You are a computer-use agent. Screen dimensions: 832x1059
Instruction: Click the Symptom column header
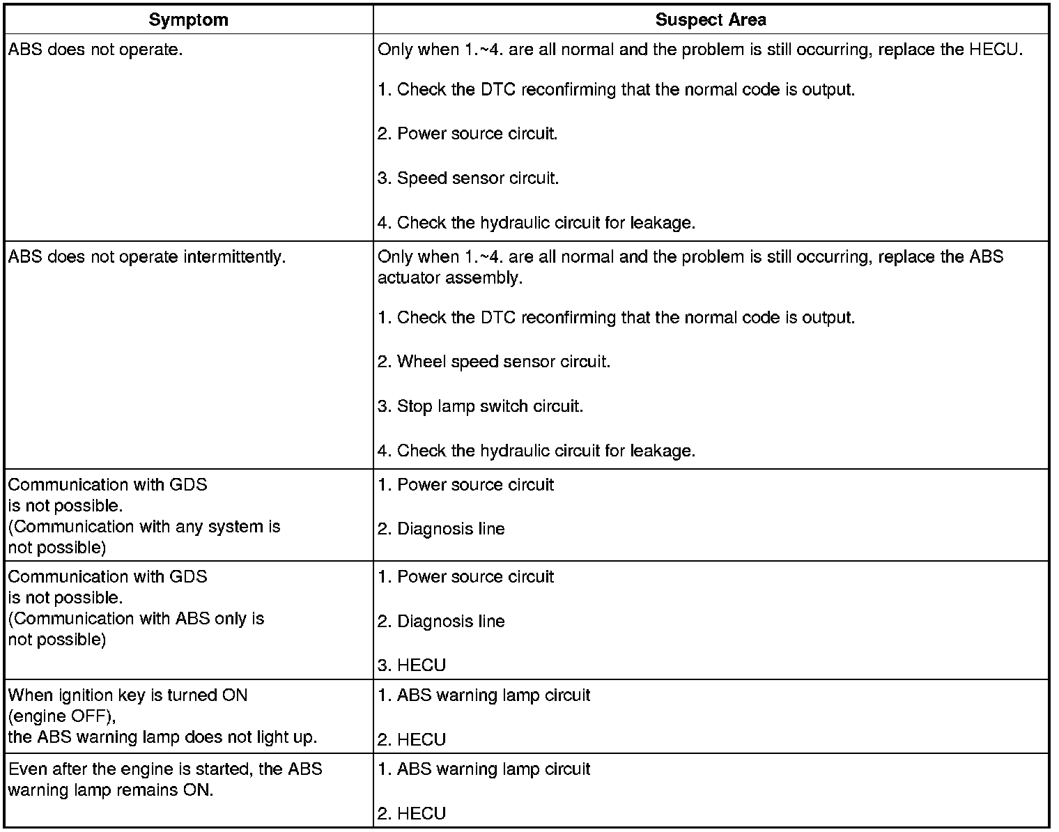tap(188, 20)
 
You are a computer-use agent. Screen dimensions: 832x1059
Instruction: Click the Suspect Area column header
tap(710, 20)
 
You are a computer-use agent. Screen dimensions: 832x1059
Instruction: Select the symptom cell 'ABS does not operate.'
tap(95, 50)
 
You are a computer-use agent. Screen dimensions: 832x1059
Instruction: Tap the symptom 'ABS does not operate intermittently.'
tap(147, 257)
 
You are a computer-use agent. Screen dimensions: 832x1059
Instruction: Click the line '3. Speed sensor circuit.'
tap(468, 178)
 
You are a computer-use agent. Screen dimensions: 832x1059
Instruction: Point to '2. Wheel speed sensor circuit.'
tap(494, 362)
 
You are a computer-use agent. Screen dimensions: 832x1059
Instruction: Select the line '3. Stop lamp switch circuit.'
tap(480, 406)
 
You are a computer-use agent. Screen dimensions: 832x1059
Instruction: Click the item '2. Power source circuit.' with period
tap(467, 134)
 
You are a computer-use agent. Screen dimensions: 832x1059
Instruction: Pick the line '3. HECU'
tap(412, 665)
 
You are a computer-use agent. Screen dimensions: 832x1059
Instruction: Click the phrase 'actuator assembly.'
tap(450, 278)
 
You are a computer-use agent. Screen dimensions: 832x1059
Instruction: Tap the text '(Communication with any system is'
tap(144, 527)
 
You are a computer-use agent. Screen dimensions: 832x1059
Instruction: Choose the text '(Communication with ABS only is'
tap(137, 619)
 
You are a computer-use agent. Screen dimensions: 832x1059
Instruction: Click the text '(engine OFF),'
tap(62, 716)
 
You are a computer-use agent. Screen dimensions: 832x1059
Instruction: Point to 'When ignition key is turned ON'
tap(127, 695)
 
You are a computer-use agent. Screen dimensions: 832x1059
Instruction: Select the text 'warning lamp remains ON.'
tap(110, 791)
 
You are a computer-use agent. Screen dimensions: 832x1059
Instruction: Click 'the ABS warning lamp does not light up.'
tap(162, 737)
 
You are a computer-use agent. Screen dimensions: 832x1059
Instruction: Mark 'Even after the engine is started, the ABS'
tap(165, 769)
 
